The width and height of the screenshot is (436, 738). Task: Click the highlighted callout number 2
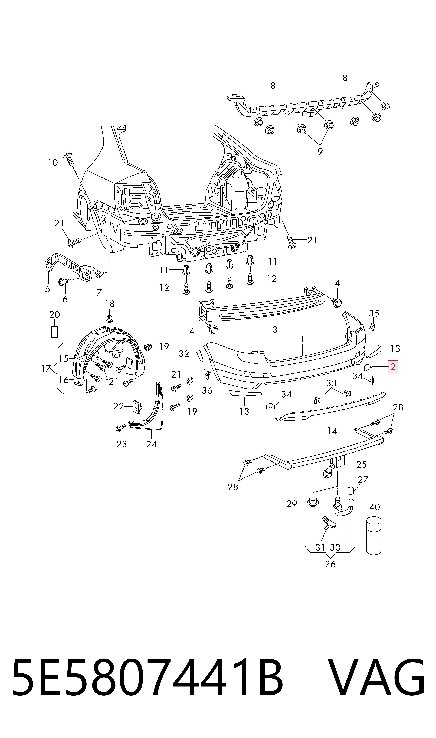(x=393, y=367)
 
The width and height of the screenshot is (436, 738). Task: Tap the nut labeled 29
(x=313, y=503)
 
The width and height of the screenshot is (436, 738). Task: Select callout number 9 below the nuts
(x=320, y=151)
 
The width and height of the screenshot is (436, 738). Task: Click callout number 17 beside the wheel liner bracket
(x=46, y=368)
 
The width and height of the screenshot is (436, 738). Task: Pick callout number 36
(x=207, y=390)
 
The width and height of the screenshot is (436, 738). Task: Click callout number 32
(x=184, y=354)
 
